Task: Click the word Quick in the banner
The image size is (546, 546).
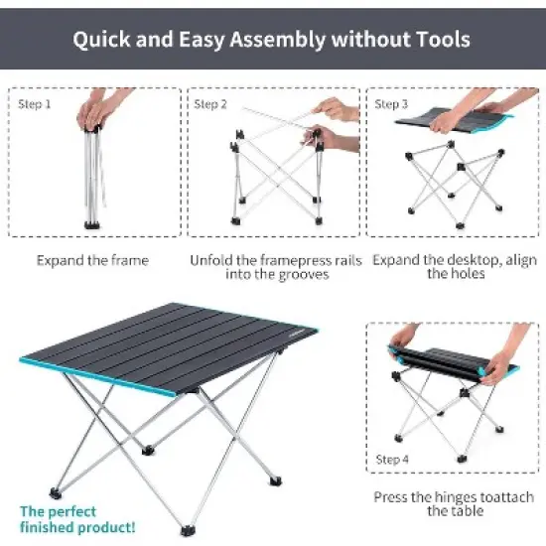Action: (x=105, y=41)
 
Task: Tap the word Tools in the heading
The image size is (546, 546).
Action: (x=439, y=41)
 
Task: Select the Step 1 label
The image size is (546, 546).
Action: (x=34, y=103)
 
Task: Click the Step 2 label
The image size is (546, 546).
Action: (x=210, y=103)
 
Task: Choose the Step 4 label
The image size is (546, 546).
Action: (x=391, y=460)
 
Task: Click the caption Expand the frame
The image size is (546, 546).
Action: (x=92, y=260)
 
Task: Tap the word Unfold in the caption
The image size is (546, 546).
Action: (x=212, y=260)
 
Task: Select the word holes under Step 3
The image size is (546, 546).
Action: (x=451, y=274)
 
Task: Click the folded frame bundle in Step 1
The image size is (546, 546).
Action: (x=92, y=174)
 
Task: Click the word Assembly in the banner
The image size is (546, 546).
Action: (x=268, y=41)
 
